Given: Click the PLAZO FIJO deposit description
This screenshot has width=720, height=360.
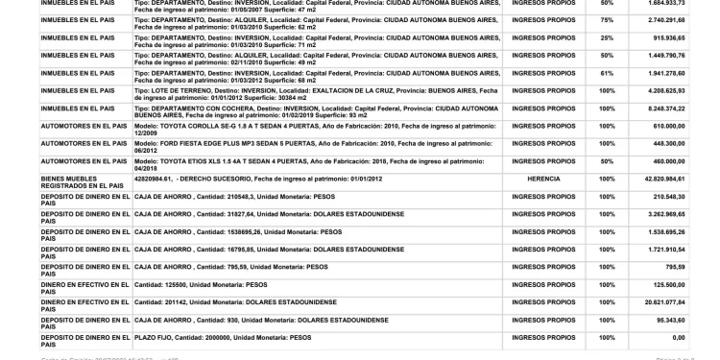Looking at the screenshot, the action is point(223,337).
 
